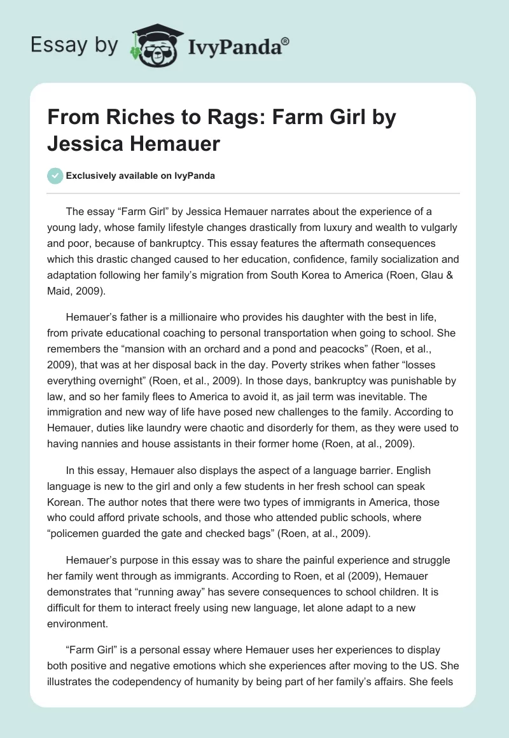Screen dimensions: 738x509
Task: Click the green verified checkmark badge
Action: point(55,176)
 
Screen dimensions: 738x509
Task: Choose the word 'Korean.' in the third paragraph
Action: point(66,499)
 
